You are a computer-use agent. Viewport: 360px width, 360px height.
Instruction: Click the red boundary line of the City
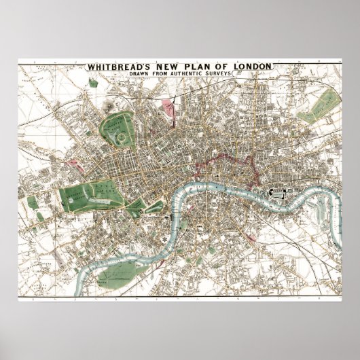pos(224,163)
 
